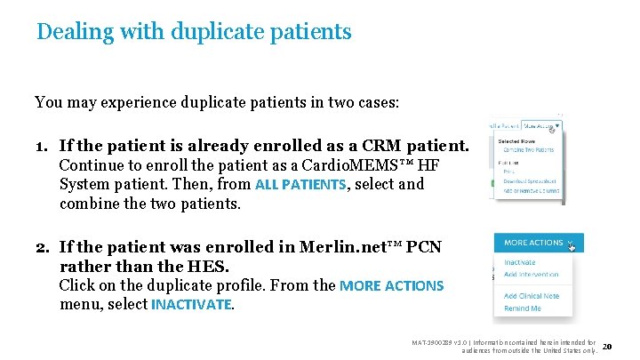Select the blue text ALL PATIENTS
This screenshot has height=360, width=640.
tap(300, 186)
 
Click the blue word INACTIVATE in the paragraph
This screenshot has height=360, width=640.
tap(192, 305)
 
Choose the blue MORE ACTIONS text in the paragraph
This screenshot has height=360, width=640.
tap(392, 286)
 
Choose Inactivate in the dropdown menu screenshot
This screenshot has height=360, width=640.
tap(520, 263)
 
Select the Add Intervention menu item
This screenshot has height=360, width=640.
tap(531, 275)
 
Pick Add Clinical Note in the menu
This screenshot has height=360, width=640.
tap(531, 296)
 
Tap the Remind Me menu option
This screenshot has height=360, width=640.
tap(523, 308)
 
